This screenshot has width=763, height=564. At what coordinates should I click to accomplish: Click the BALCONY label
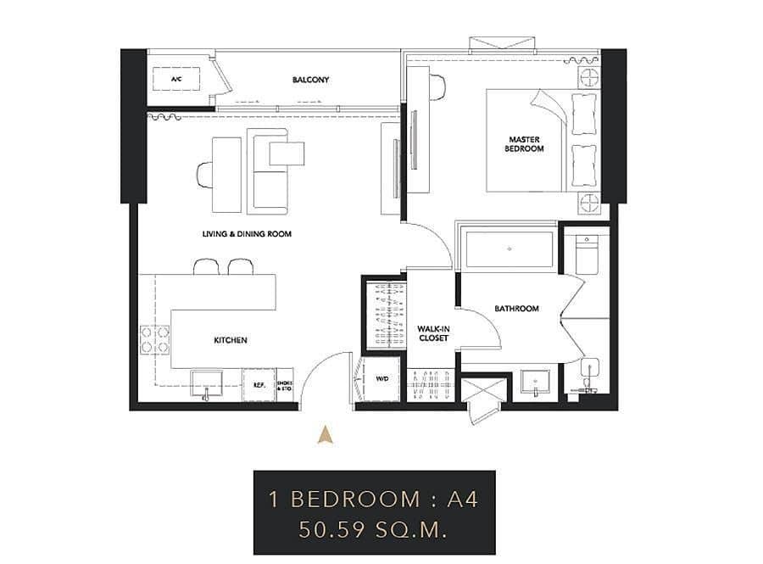click(x=310, y=80)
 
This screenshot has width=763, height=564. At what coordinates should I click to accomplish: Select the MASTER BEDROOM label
click(x=526, y=144)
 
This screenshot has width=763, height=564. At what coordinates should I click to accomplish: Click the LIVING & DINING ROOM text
click(x=247, y=233)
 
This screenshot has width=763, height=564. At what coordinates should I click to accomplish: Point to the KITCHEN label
click(x=230, y=340)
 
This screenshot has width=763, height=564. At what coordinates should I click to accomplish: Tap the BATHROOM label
click(x=517, y=309)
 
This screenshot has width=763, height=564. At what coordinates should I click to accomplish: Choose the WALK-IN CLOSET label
click(x=433, y=332)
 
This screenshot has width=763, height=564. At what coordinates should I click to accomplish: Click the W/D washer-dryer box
click(x=381, y=379)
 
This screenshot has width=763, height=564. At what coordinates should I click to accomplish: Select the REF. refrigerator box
click(x=259, y=384)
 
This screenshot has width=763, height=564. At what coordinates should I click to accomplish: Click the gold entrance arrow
click(x=324, y=435)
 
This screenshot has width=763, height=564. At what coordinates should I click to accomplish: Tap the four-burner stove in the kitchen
click(x=154, y=339)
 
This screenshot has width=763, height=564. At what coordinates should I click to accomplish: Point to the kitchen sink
click(x=205, y=383)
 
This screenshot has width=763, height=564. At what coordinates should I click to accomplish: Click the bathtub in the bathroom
click(x=509, y=249)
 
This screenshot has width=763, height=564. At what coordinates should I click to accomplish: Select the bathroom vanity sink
click(x=535, y=383)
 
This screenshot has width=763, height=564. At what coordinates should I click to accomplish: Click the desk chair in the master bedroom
click(x=437, y=86)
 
